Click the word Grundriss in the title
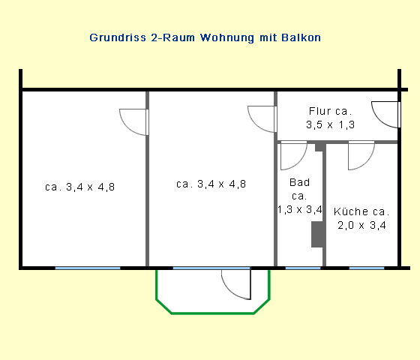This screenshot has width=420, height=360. [118, 37]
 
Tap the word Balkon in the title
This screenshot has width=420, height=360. [301, 37]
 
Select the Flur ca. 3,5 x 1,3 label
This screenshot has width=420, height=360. [330, 118]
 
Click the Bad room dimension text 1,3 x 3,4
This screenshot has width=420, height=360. [300, 209]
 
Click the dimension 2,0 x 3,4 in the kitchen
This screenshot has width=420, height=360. [361, 225]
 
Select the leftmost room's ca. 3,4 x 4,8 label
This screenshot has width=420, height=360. [79, 187]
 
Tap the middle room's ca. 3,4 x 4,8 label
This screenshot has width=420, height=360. [211, 184]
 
